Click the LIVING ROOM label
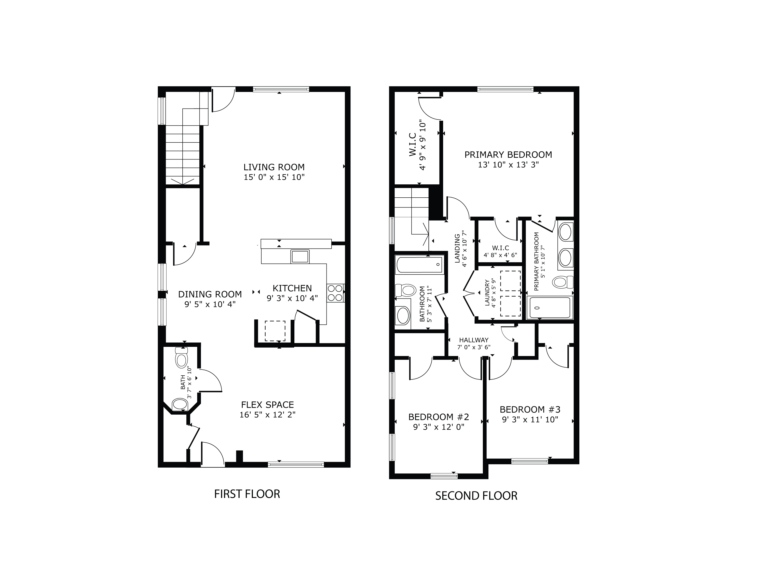point(274,167)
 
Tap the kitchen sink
point(300,257)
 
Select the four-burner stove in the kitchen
point(335,293)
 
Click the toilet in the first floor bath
point(181,358)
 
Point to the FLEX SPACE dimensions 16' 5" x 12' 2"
point(267,415)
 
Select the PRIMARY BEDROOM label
point(508,155)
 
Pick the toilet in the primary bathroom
point(562,282)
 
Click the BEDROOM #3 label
point(530,410)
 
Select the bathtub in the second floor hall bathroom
point(420,265)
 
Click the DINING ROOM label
point(210,294)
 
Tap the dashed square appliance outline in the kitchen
point(275,331)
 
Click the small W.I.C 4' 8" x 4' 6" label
point(500,248)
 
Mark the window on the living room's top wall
point(281,89)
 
